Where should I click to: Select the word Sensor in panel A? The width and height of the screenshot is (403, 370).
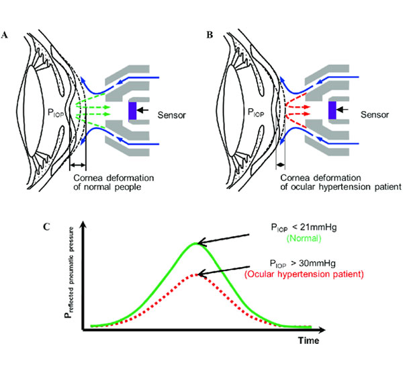(172, 116)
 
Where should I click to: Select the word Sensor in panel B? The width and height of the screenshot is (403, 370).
(373, 116)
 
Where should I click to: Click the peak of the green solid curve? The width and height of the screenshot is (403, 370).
(195, 243)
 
